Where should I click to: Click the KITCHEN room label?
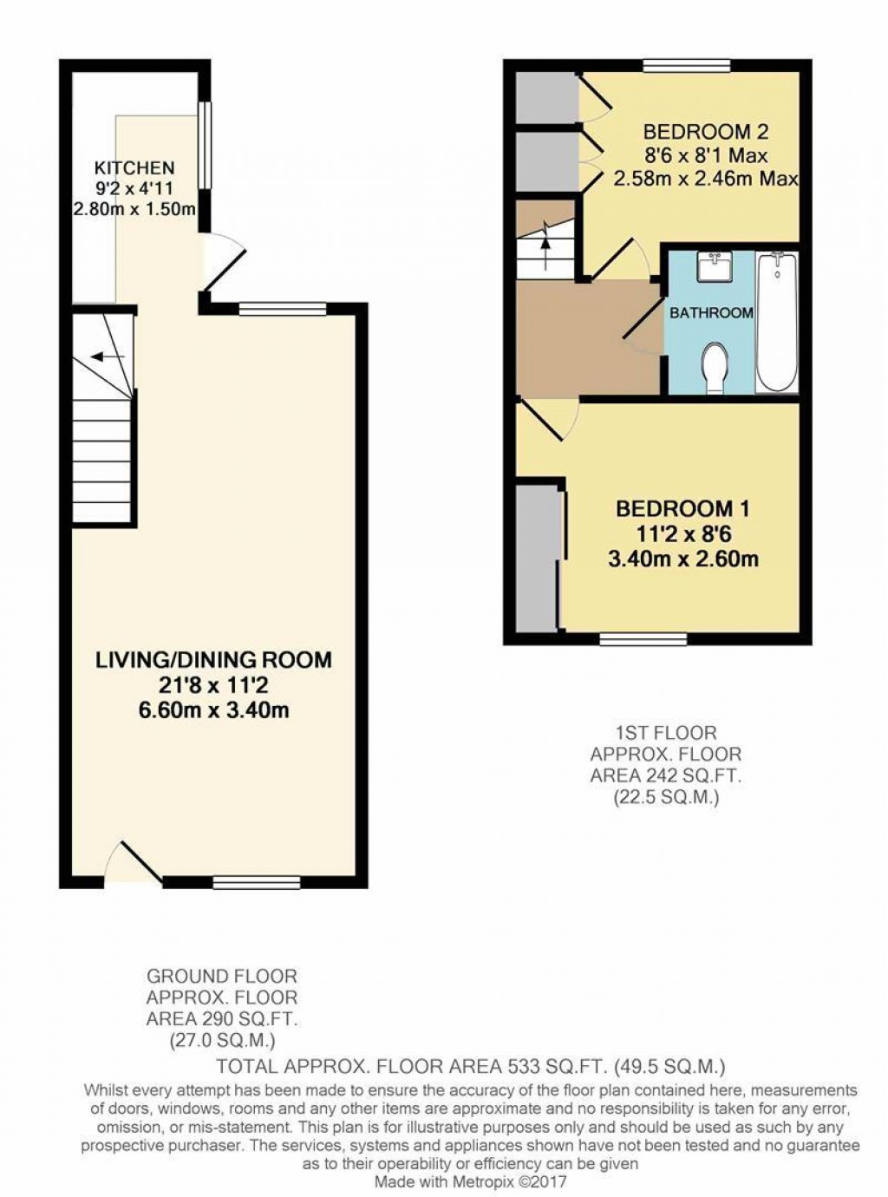134,167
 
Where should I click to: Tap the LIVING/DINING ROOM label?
213,659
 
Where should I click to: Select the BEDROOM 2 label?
705,132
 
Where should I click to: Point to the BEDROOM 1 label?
682,508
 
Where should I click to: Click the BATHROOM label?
710,312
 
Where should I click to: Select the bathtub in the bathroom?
778,321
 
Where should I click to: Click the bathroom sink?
715,268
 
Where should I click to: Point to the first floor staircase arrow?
545,236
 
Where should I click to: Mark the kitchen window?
204,145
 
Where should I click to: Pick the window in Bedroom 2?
687,66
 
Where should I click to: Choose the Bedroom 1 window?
643,639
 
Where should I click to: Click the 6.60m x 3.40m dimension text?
213,711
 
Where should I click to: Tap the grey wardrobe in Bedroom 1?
538,559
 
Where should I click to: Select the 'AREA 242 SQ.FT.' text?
666,775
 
